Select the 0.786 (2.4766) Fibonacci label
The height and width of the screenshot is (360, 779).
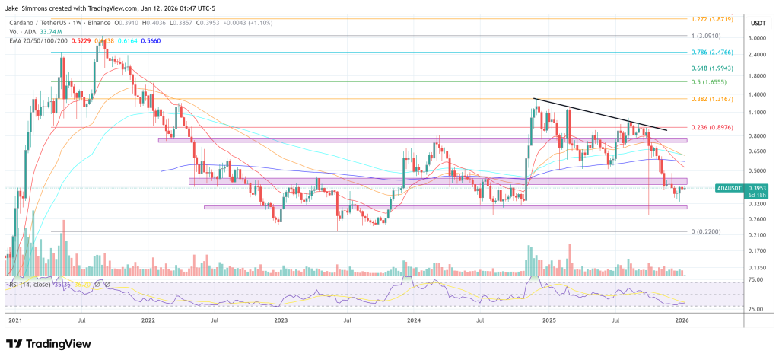pos(716,52)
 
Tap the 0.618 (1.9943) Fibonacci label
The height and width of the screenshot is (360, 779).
pos(716,68)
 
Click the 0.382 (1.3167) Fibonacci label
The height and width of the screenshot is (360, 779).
pos(716,99)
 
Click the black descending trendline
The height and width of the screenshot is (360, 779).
pos(601,114)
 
